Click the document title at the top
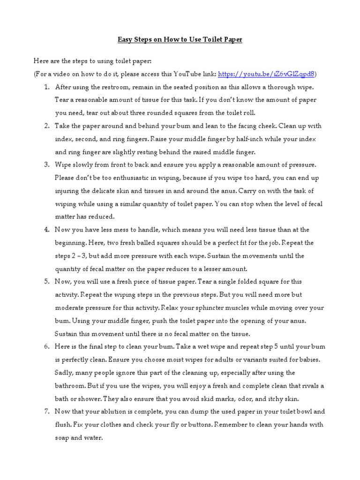click(x=180, y=40)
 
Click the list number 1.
click(x=46, y=87)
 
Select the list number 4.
click(x=46, y=230)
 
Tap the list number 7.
click(x=46, y=412)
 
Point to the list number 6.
click(x=46, y=346)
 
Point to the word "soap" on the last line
click(x=63, y=438)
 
